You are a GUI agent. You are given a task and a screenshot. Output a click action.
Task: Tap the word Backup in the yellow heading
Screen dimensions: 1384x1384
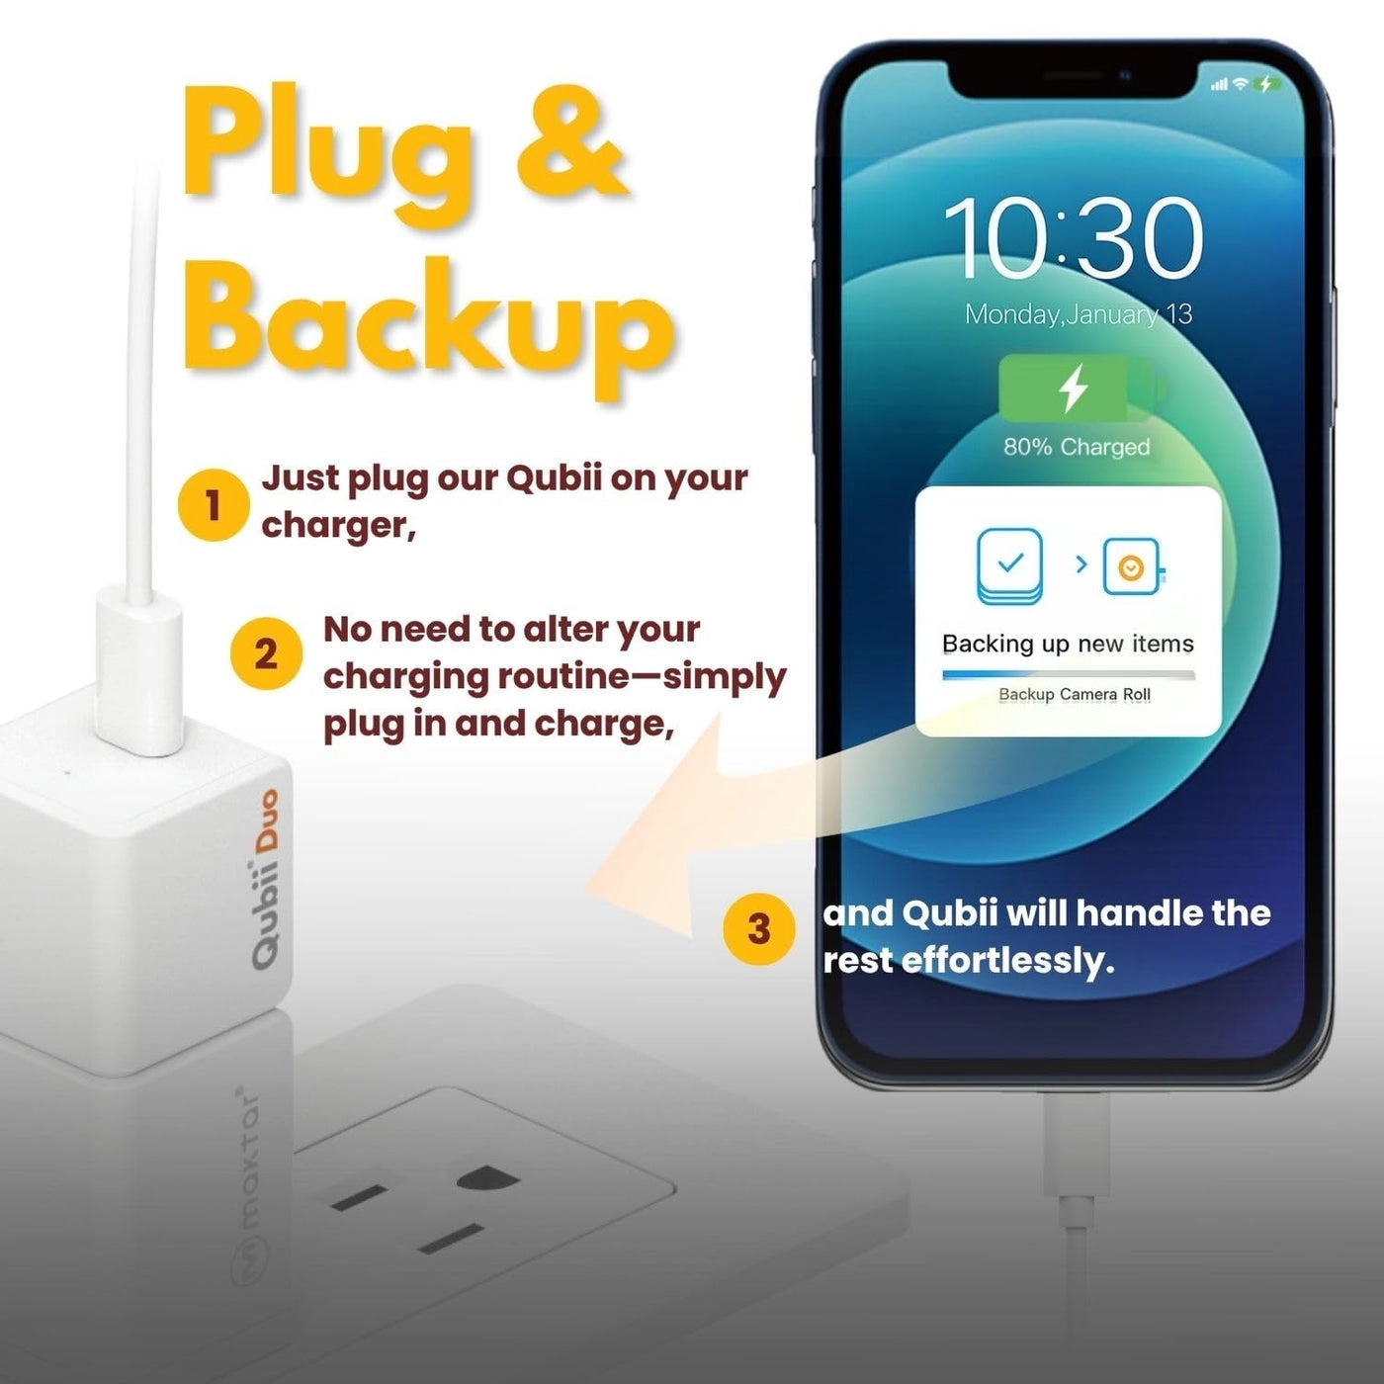427,321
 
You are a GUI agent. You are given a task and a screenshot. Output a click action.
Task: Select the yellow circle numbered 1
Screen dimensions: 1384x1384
212,505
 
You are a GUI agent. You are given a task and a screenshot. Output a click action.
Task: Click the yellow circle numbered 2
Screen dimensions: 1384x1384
265,654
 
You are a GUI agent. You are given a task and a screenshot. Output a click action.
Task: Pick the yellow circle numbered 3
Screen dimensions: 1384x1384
758,929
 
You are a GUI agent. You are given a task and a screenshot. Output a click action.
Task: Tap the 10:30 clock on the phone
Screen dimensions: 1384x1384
1073,238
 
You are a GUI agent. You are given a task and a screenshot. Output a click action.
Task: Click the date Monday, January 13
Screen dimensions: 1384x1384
1078,314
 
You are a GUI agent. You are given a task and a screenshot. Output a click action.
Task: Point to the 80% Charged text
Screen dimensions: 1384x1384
1077,447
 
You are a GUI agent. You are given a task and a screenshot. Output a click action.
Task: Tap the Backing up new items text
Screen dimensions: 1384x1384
1068,644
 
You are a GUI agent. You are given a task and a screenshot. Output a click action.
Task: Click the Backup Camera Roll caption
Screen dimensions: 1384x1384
1074,694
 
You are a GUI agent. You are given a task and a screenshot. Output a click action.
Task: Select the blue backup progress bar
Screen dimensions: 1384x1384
1068,675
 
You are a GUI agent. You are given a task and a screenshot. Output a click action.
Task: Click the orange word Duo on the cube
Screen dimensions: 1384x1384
267,820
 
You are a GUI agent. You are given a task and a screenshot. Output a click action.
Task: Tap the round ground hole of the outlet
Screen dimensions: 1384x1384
487,1178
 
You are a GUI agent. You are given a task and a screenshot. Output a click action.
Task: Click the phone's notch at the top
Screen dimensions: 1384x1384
1074,79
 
